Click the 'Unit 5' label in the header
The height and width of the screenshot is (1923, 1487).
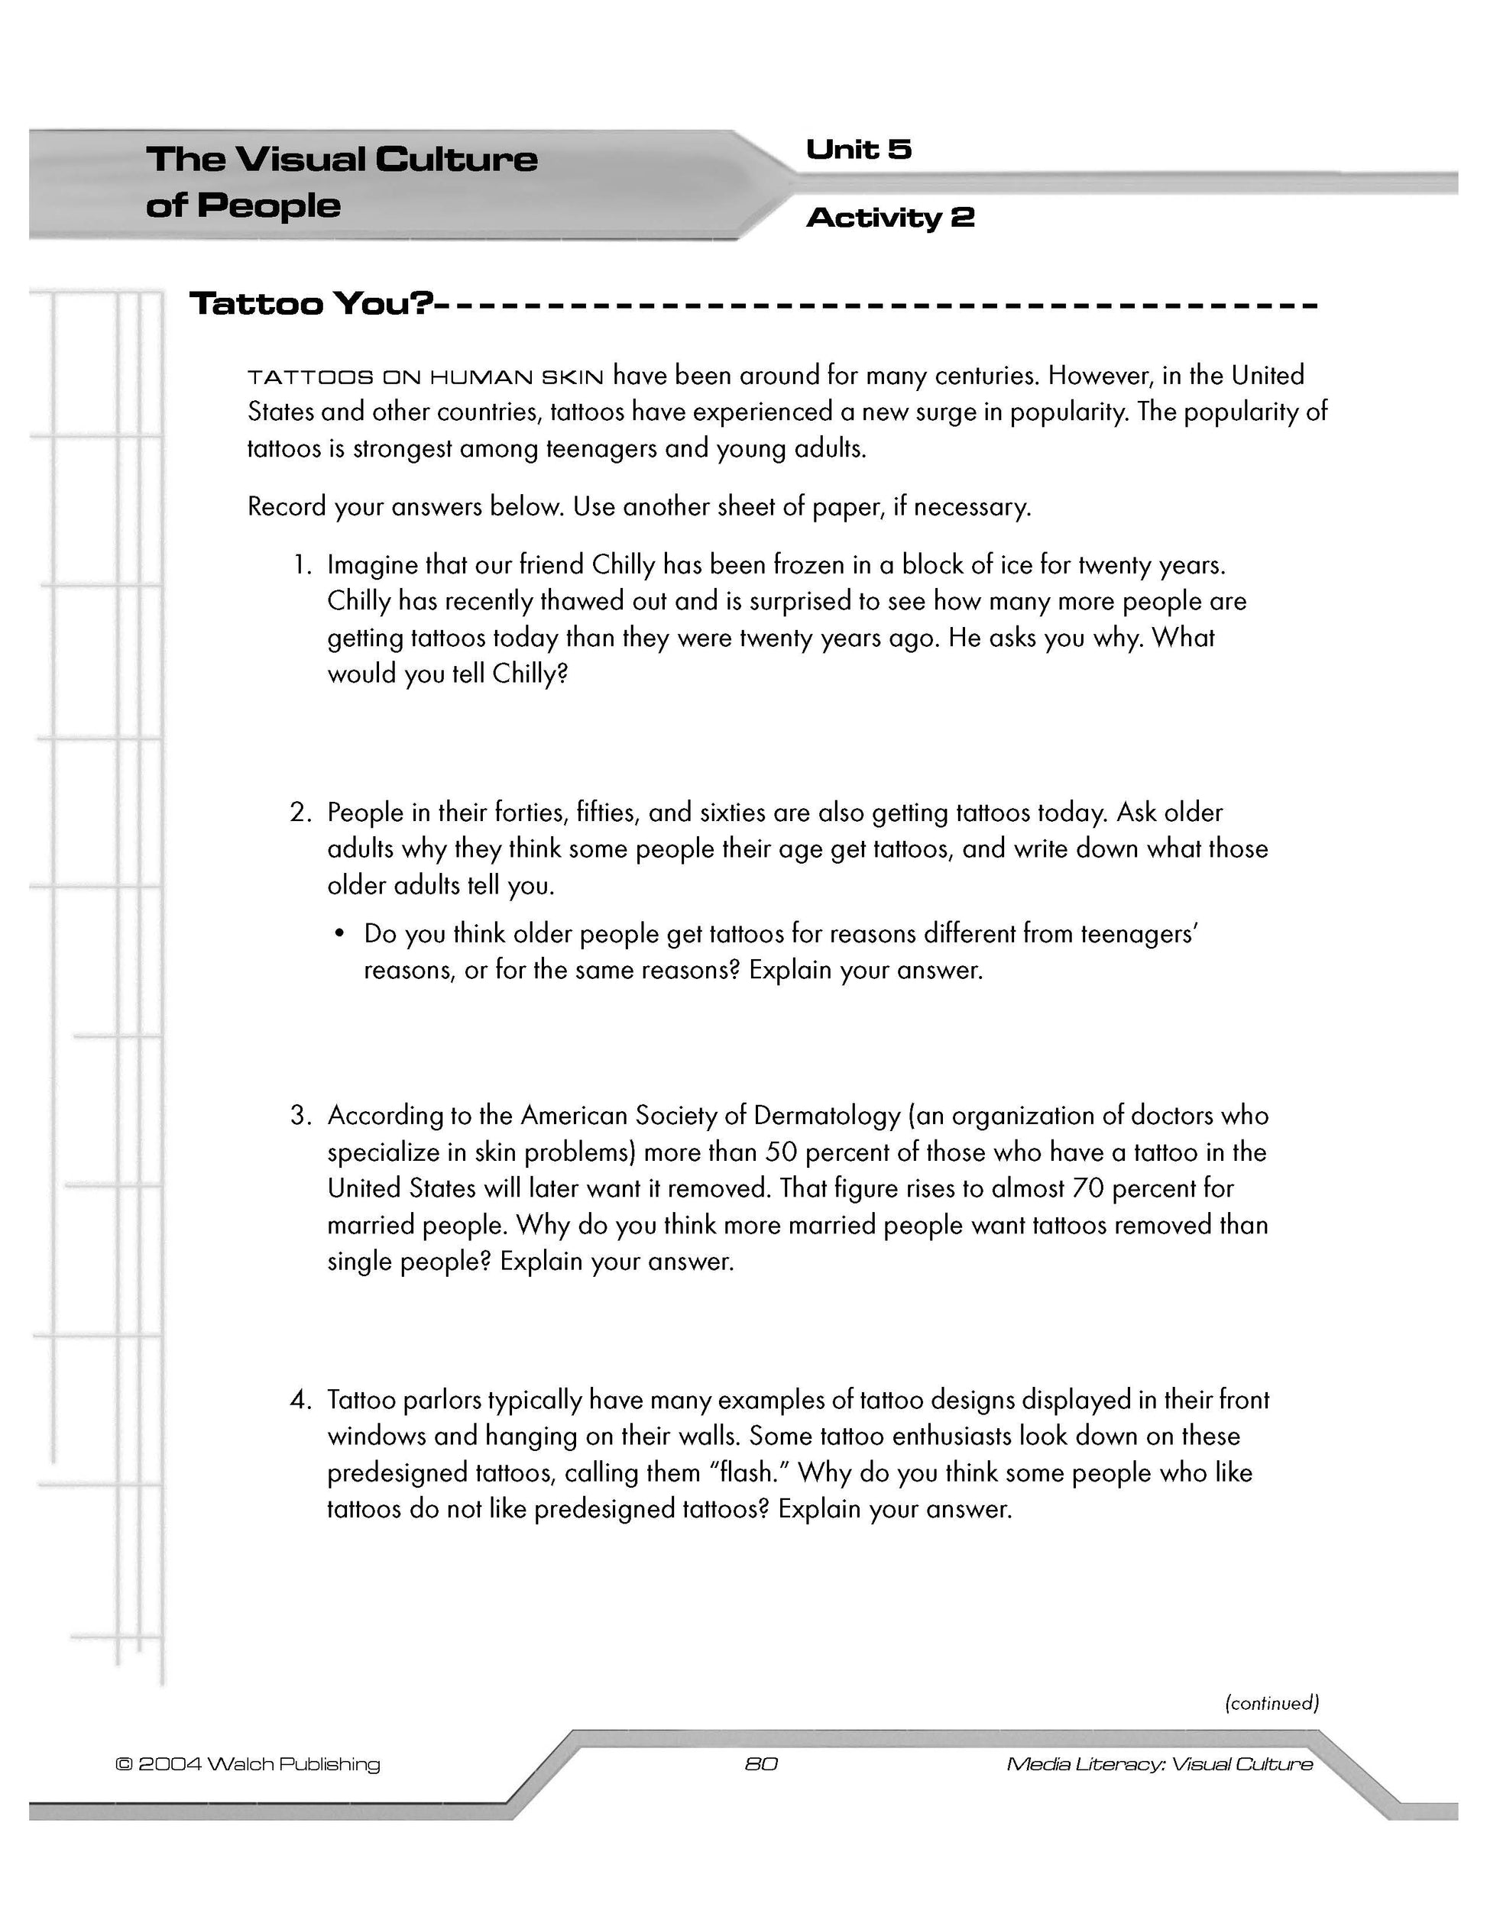[x=858, y=150]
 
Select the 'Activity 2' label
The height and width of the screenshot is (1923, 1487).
[x=889, y=218]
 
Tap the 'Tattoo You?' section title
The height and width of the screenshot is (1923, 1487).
[x=312, y=304]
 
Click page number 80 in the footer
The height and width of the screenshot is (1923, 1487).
[x=761, y=1763]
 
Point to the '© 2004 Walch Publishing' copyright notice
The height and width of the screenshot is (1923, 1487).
[x=248, y=1763]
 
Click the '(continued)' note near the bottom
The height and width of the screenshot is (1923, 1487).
[x=1272, y=1702]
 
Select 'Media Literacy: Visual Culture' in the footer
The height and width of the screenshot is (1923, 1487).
[x=1159, y=1763]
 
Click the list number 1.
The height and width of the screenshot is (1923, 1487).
[x=301, y=564]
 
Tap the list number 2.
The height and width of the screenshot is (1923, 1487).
[x=300, y=812]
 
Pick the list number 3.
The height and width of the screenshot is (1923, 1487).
[x=300, y=1116]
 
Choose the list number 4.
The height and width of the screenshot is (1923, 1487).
[x=300, y=1399]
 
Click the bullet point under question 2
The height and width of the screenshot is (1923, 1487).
[x=339, y=934]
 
